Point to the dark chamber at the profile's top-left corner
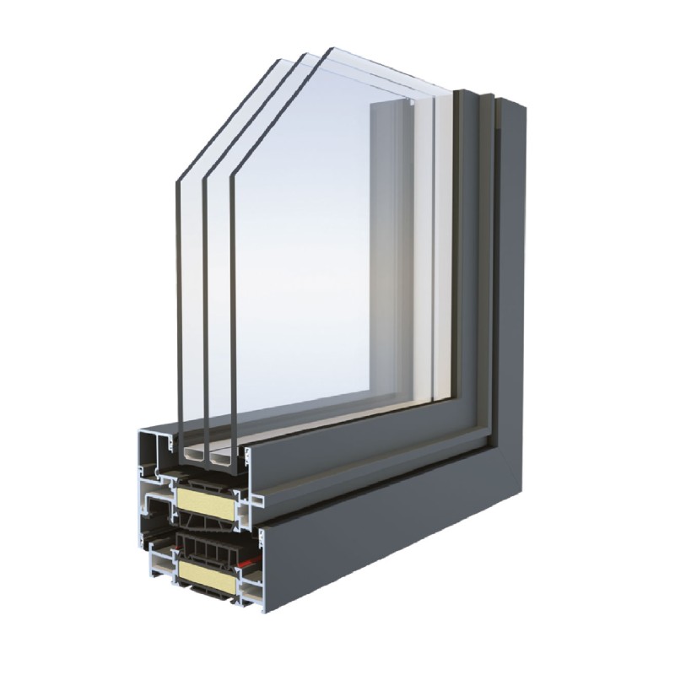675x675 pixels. tap(150, 447)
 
